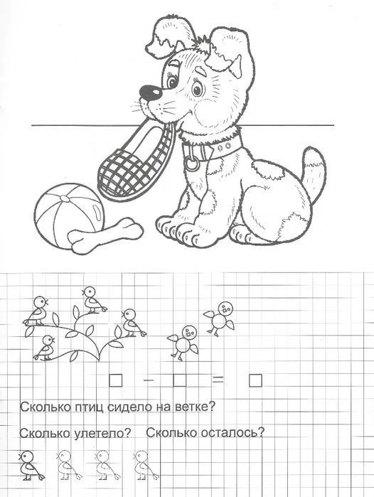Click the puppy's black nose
151,92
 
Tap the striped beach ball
69,216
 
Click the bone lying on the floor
105,235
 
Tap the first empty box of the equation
116,380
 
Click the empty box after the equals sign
255,380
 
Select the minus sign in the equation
149,380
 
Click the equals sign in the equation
218,380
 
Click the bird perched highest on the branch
94,300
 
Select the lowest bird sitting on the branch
45,348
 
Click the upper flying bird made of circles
219,318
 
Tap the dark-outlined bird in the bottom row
31,465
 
